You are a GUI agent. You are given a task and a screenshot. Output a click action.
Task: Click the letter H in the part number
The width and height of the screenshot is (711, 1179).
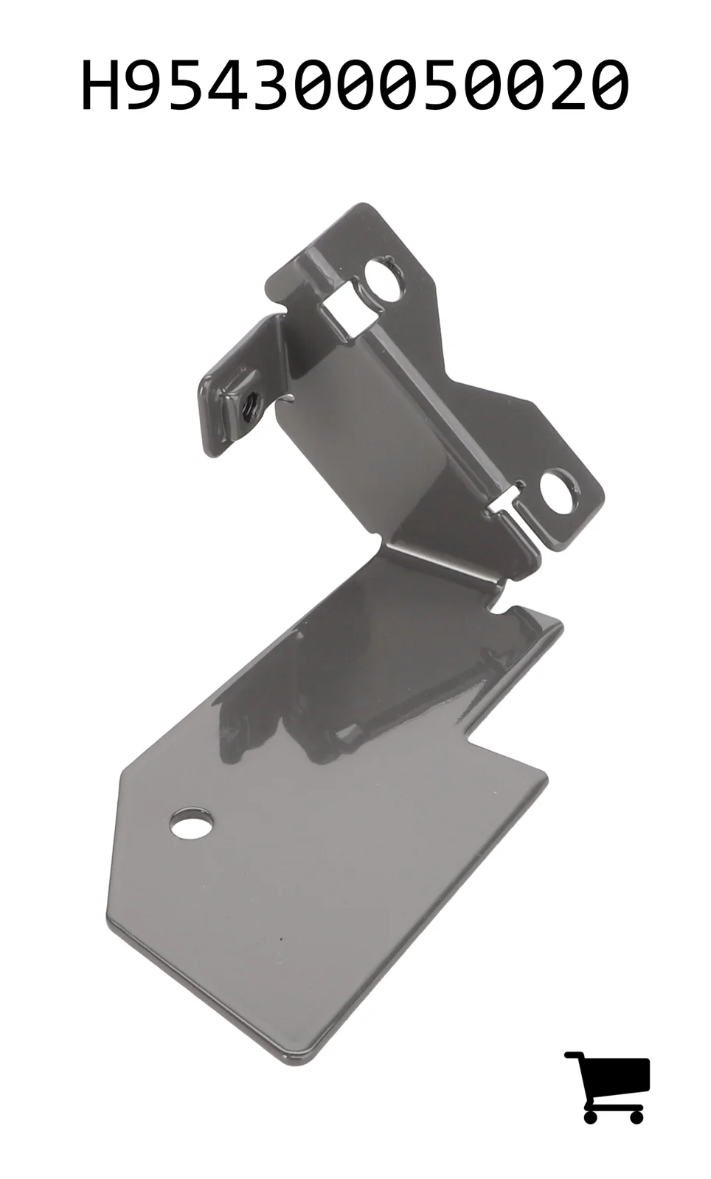[100, 85]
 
